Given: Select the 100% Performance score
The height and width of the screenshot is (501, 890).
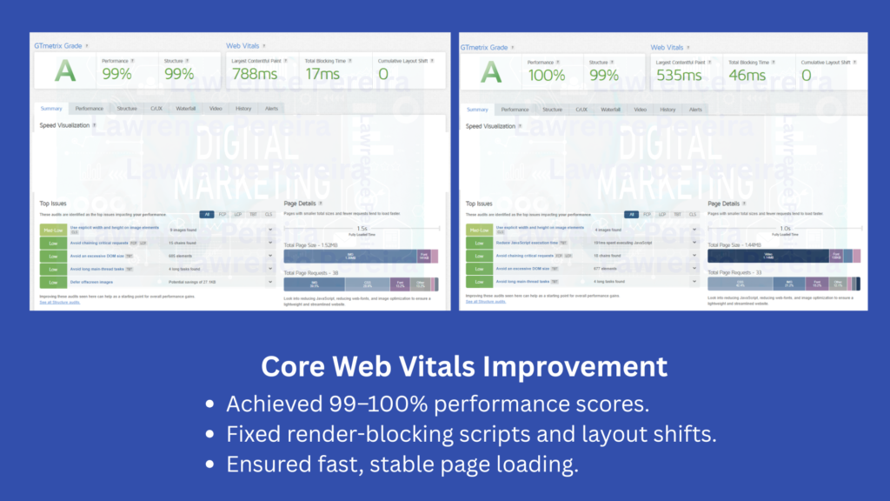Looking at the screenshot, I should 547,75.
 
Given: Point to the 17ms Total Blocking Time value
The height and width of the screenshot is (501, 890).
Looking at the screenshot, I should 322,75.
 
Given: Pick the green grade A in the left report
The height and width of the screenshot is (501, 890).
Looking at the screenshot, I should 65,71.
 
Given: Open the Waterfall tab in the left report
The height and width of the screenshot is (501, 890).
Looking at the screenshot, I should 186,109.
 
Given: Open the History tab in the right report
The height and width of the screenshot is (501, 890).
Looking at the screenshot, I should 667,110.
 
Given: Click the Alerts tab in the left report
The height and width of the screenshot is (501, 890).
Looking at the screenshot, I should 271,109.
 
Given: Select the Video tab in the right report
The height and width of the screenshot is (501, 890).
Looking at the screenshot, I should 640,110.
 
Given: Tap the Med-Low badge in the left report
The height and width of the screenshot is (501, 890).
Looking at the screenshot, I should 52,230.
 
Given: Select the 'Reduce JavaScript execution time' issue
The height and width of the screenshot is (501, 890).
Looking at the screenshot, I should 527,244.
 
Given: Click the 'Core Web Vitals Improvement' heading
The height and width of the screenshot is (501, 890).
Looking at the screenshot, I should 464,365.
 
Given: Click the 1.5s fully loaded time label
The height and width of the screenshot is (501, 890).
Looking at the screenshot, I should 361,228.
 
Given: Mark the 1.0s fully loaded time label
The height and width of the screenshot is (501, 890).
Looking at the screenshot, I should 786,228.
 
